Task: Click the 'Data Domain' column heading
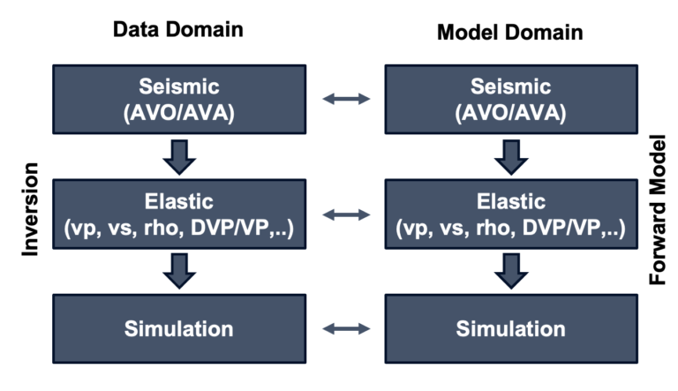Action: click(177, 29)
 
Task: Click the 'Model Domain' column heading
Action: click(509, 32)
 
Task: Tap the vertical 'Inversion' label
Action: click(31, 209)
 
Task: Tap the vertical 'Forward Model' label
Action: click(658, 209)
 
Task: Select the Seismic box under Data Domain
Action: click(179, 100)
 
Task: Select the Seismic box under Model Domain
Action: click(510, 100)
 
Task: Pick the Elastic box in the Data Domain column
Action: click(179, 214)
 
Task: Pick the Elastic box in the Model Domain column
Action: click(510, 214)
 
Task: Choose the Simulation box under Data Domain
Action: click(179, 329)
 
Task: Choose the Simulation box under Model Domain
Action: click(510, 329)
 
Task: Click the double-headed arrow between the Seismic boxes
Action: click(346, 100)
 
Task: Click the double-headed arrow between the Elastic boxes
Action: click(346, 214)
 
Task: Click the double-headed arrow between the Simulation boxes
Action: click(346, 329)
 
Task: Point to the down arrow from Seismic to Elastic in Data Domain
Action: click(179, 156)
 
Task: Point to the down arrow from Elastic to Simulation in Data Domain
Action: click(179, 271)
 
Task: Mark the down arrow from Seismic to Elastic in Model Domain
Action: click(510, 156)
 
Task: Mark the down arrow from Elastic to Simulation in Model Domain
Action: click(510, 271)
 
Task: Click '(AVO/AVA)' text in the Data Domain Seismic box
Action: click(179, 114)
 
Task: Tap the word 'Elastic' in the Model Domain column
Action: click(510, 201)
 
